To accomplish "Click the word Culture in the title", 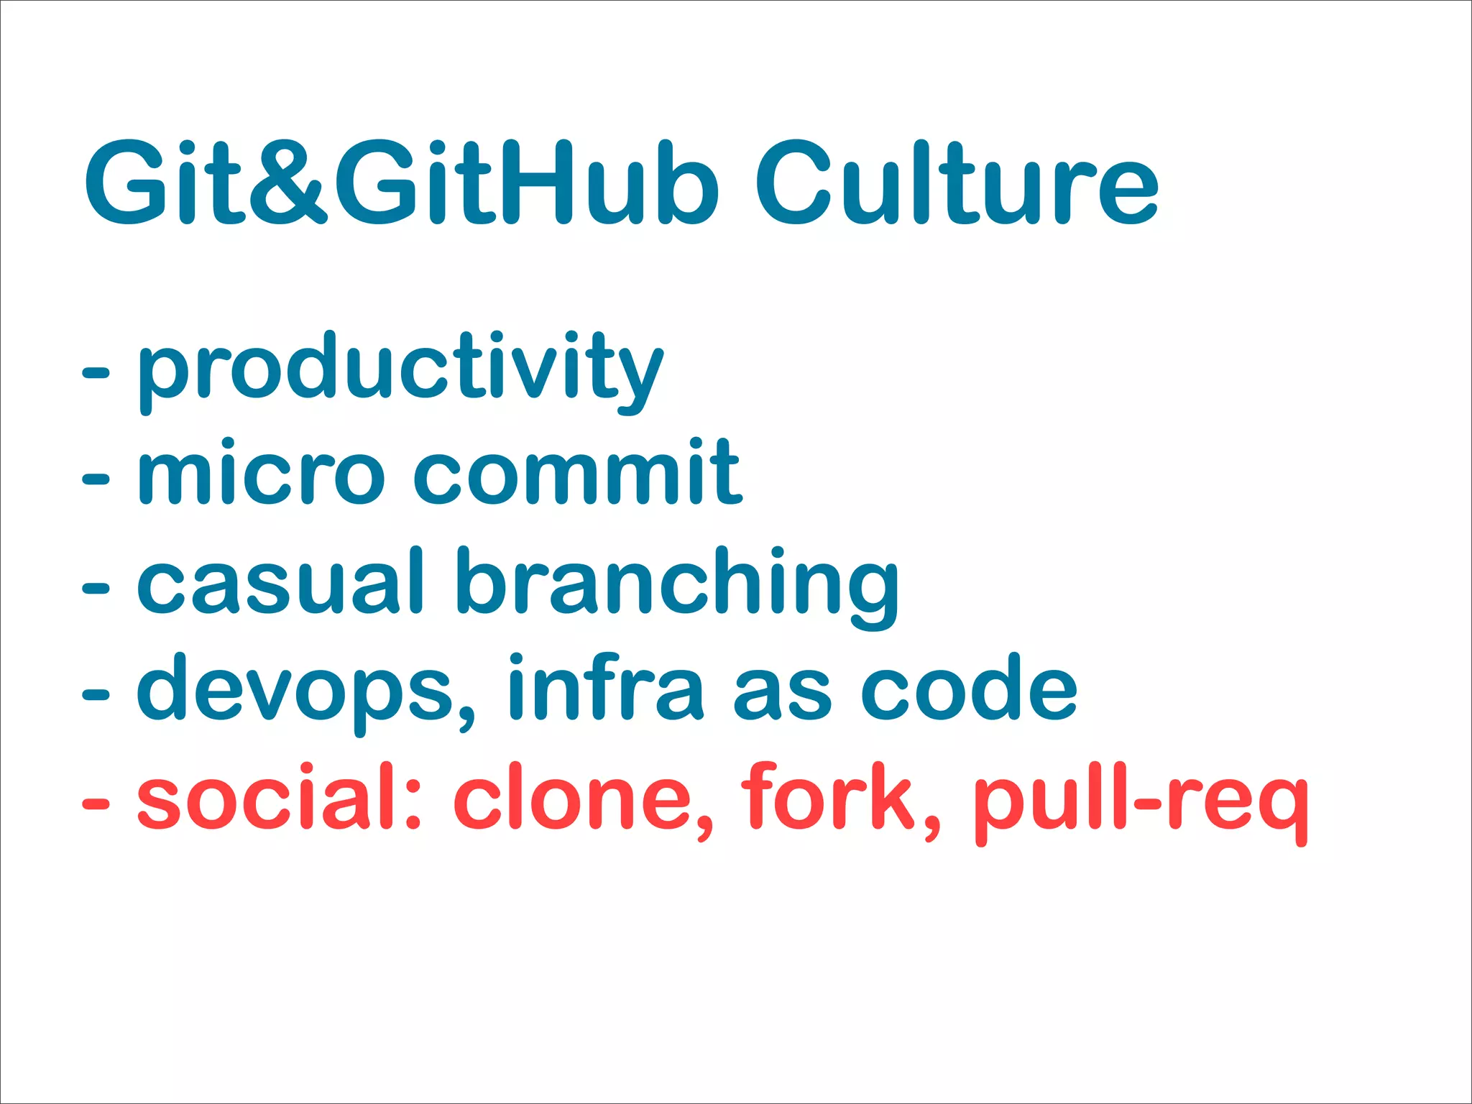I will pos(956,183).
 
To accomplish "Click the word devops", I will pos(305,690).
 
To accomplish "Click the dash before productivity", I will pos(96,372).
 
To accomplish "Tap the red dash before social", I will pos(96,804).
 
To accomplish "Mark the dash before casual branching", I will pos(96,588).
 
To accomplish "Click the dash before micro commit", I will pos(96,479).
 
